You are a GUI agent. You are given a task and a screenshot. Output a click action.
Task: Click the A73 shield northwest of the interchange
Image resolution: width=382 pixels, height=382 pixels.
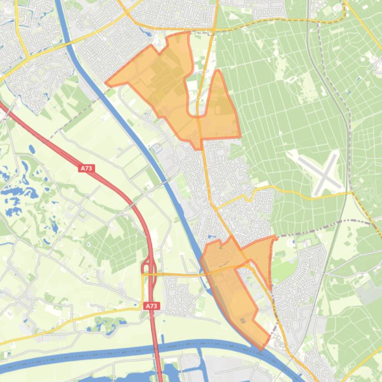[86, 169]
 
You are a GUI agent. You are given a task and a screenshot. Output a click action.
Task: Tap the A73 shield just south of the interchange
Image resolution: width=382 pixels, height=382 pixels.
[152, 306]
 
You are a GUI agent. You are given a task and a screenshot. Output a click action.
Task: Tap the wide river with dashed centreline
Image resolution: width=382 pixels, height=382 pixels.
[99, 353]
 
